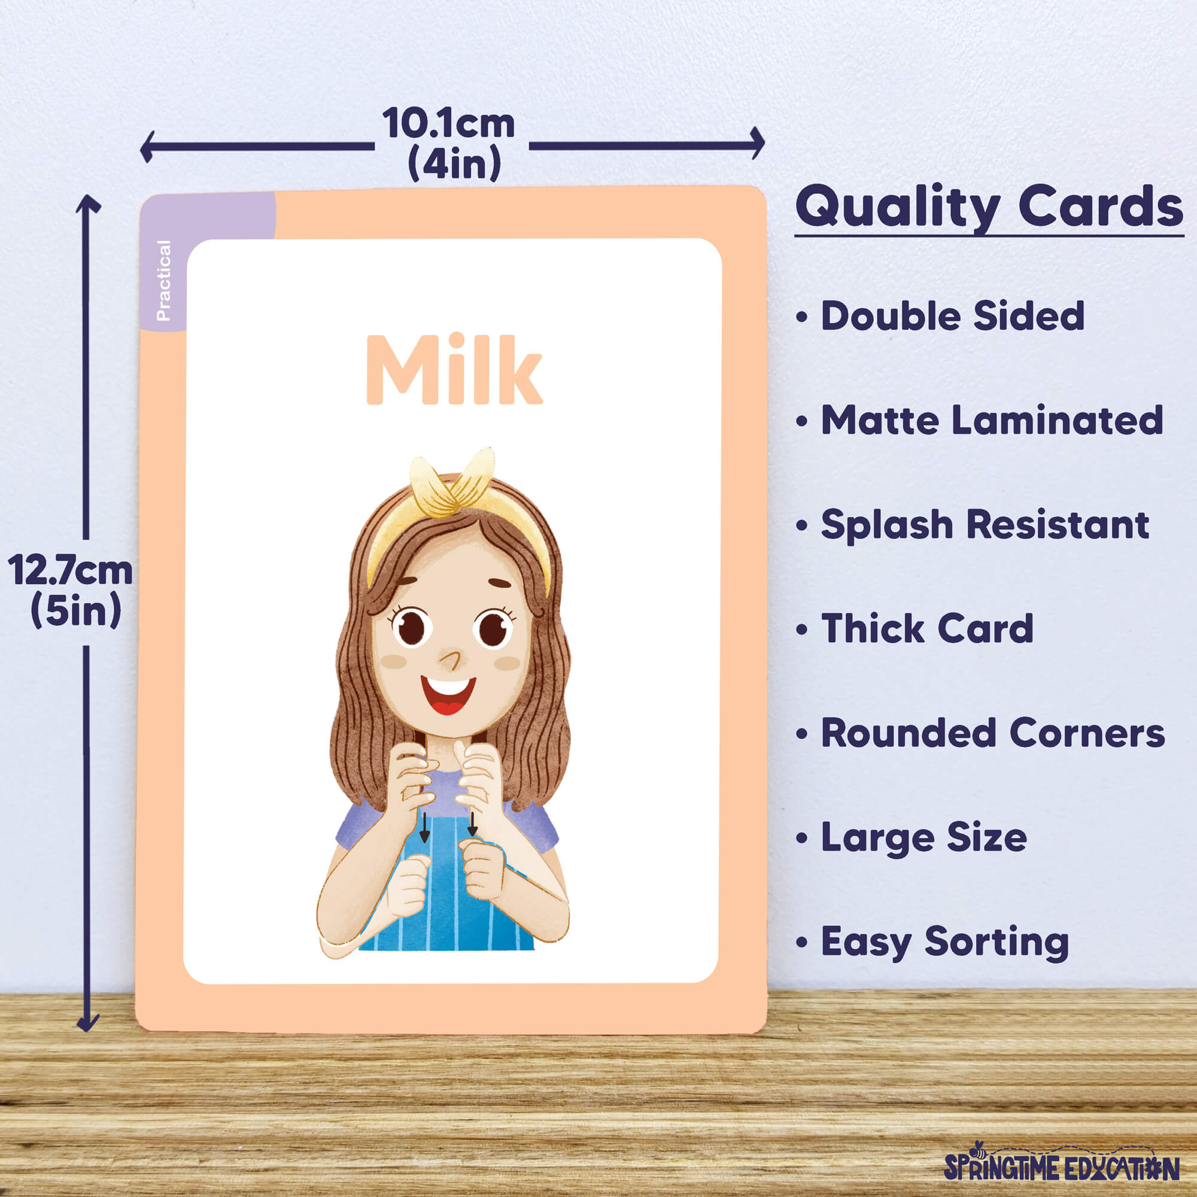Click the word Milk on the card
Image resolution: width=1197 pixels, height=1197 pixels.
tap(454, 369)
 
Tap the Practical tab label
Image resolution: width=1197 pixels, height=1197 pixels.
tap(163, 280)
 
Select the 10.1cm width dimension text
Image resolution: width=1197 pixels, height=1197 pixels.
tap(448, 123)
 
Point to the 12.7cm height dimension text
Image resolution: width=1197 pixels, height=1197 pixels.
tap(70, 570)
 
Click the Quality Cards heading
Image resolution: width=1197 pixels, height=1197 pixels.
tap(989, 207)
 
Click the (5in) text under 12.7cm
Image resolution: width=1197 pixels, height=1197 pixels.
tap(75, 610)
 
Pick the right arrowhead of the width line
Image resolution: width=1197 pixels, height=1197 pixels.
tap(758, 143)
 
